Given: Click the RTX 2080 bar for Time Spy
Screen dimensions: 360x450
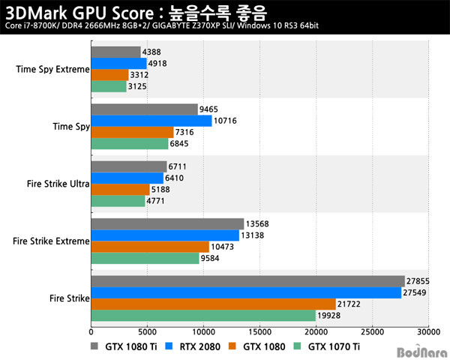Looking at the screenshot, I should (151, 121).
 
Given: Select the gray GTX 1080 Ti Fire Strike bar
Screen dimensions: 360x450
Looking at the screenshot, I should (247, 281).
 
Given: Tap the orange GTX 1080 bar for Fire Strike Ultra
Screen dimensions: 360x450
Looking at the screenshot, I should (120, 190).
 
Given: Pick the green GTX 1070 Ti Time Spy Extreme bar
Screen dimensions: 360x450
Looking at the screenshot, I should (109, 86).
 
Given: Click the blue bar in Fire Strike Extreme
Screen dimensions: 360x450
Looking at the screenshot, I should (165, 235).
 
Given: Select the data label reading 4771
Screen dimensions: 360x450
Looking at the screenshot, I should (157, 201).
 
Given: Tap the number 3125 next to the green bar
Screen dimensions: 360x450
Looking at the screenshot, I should (139, 86).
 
